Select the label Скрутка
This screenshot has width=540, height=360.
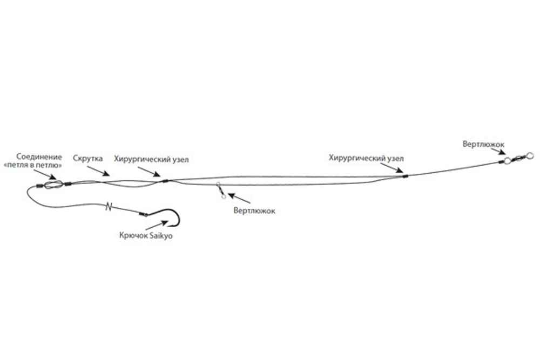coord(88,159)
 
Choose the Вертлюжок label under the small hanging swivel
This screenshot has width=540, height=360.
coord(254,211)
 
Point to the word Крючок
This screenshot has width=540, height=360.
coord(131,236)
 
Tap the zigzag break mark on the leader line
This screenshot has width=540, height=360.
coord(110,206)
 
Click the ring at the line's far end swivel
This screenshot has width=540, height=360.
coord(529,155)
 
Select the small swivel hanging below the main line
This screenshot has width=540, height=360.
coord(219,191)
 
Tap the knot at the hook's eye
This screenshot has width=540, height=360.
coord(144,214)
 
